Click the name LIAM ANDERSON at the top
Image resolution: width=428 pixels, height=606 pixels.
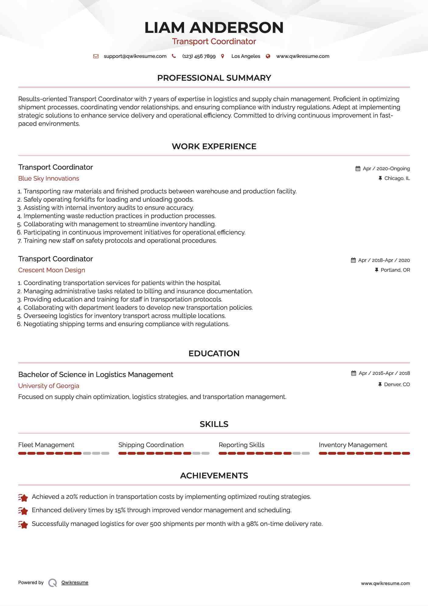click(x=214, y=27)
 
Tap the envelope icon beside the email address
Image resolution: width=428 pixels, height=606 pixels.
click(x=96, y=56)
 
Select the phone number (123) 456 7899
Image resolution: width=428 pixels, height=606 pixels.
click(x=199, y=56)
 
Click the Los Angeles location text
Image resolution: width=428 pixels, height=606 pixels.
click(x=245, y=56)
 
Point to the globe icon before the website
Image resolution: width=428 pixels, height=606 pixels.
click(x=268, y=56)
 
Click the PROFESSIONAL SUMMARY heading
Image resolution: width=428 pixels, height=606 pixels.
click(x=214, y=78)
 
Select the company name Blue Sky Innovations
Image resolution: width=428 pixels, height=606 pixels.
click(x=49, y=178)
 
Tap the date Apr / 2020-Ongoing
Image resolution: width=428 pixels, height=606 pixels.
click(x=386, y=169)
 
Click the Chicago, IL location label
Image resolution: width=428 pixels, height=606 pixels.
click(x=397, y=178)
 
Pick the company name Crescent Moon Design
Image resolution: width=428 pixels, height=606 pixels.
click(x=52, y=270)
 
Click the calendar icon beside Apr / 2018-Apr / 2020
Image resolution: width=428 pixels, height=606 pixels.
click(x=353, y=260)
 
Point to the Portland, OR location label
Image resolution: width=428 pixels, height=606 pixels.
click(x=395, y=270)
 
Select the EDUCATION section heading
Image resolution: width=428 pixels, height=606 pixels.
click(x=214, y=354)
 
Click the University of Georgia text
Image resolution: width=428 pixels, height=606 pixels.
click(x=49, y=386)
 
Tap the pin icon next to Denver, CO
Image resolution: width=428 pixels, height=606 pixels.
click(x=380, y=385)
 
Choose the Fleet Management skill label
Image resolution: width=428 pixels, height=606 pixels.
click(x=46, y=445)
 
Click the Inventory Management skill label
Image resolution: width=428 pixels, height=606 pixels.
click(x=353, y=445)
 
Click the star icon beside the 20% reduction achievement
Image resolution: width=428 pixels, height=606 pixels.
click(x=23, y=498)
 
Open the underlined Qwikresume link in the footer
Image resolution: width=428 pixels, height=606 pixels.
click(x=75, y=583)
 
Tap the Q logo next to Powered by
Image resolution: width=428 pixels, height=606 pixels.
click(x=53, y=583)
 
